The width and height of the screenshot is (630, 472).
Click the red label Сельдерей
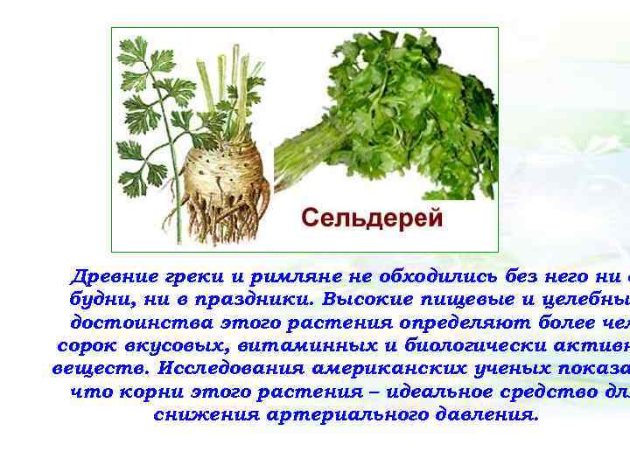372,217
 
